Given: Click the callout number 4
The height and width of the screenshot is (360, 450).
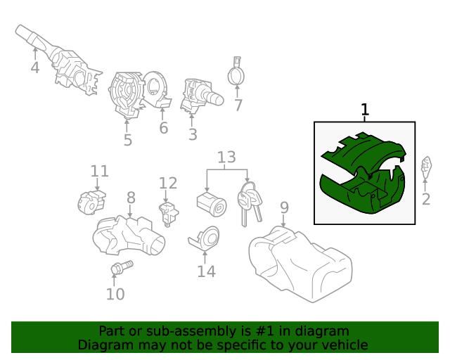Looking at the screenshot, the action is coord(34,67).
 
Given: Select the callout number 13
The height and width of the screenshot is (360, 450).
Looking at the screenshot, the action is coord(226,157).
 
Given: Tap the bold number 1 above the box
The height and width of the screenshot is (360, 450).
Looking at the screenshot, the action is coord(364,110).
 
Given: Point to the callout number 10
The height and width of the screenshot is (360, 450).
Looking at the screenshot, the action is coord(115,294).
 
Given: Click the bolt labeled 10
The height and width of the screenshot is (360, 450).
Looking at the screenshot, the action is coord(122,267).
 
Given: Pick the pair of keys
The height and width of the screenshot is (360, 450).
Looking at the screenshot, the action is coord(250,203).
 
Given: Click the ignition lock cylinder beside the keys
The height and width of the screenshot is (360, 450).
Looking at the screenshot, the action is coord(212,204).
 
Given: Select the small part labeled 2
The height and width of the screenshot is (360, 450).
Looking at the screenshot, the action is coord(426,167).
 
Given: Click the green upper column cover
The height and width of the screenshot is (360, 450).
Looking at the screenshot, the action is coord(364,152).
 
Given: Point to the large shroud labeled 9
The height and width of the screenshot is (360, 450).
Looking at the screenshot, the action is coord(300,264).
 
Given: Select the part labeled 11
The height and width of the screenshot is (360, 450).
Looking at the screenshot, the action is coord(91,202).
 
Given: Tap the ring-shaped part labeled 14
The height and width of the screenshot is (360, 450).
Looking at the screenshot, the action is coord(205,238).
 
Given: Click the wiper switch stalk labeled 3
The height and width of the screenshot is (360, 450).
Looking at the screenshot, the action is coord(202,96).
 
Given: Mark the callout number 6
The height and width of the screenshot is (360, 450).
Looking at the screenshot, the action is coord(164,128).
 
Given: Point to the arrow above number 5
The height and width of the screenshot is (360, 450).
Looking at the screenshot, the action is coord(127,125).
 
